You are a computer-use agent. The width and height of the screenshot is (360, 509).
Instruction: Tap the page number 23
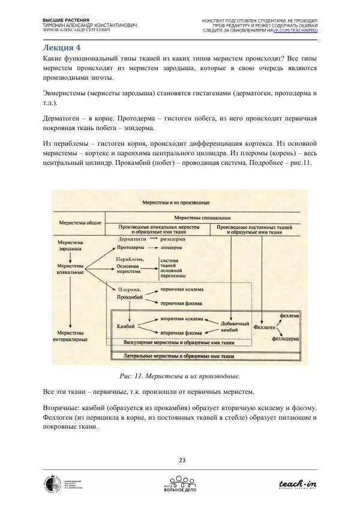click(x=181, y=460)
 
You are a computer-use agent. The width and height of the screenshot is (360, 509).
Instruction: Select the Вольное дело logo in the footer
click(x=180, y=484)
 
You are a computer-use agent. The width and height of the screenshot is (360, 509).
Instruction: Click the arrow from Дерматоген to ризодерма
click(x=154, y=239)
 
